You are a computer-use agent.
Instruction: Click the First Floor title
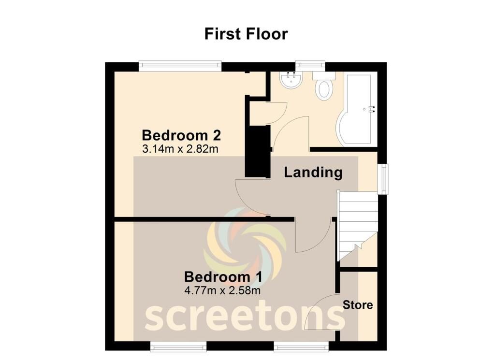click(246, 34)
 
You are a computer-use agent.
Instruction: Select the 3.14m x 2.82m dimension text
click(180, 149)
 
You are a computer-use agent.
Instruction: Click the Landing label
click(313, 172)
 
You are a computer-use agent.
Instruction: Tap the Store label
click(358, 305)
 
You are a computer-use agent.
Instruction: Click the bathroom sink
click(291, 80)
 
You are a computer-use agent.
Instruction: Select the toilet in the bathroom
click(324, 87)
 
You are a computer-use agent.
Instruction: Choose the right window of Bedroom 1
click(302, 346)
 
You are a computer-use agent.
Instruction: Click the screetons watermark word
click(245, 317)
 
